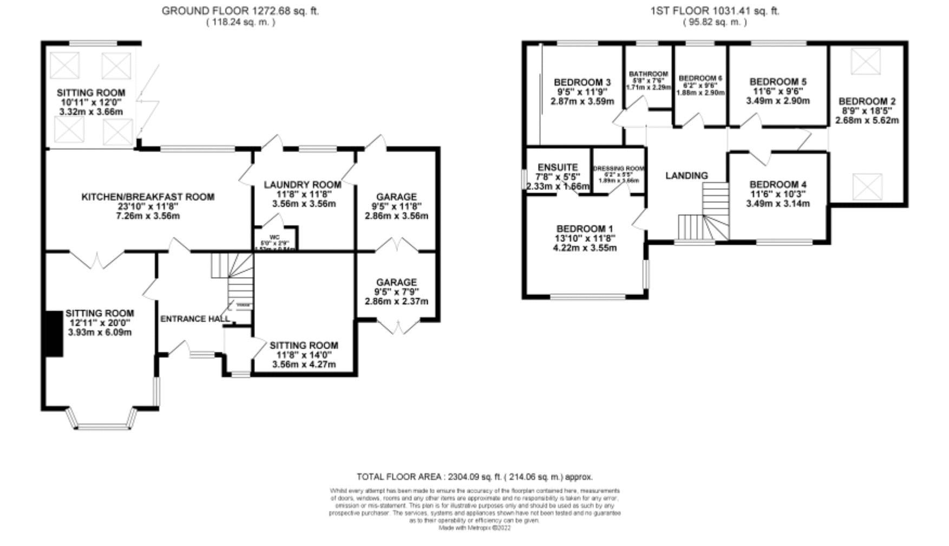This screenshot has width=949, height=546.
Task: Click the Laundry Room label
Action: [x=302, y=185]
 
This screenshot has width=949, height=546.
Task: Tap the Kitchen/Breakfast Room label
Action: [x=148, y=197]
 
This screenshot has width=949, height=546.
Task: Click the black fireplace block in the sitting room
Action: [x=53, y=334]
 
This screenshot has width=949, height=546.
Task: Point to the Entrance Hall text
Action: [x=195, y=319]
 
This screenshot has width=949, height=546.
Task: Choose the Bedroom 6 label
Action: [x=700, y=78]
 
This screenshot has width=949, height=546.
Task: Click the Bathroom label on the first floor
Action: [x=648, y=74]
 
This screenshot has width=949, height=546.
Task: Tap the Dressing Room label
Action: [x=619, y=168]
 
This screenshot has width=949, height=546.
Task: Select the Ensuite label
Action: [x=558, y=168]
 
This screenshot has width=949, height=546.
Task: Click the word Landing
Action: [x=686, y=175]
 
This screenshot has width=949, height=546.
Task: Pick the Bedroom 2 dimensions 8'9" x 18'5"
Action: [x=867, y=111]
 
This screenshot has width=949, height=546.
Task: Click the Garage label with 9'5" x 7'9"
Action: [x=396, y=282]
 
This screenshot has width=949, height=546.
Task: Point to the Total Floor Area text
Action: [x=474, y=477]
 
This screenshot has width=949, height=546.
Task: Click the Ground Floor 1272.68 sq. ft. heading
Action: [x=240, y=11]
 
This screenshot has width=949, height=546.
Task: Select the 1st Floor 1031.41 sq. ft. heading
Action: [x=715, y=11]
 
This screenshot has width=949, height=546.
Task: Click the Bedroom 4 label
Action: [x=777, y=185]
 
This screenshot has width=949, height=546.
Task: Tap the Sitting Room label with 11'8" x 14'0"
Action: [x=304, y=345]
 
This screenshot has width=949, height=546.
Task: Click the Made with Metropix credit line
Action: [x=474, y=528]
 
